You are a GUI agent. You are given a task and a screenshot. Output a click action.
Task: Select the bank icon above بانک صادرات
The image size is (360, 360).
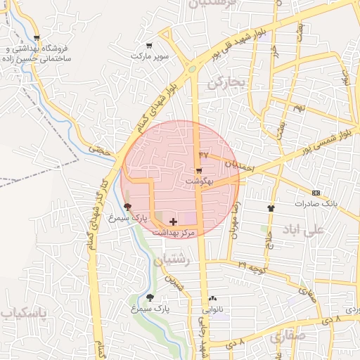coord(316,193)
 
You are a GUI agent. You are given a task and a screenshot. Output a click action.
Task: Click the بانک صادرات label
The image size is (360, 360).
coord(316,203)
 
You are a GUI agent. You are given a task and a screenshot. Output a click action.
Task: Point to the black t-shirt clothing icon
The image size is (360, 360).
coord(271,208)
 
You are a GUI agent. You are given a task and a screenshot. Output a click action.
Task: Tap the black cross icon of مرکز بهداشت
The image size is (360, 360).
coord(174,221)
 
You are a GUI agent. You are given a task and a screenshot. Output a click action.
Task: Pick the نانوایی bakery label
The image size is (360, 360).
coord(212,309)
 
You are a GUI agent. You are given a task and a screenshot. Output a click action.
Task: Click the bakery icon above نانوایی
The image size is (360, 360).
coord(212,298)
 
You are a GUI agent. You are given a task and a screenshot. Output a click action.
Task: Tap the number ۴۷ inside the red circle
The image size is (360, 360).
coord(205,154)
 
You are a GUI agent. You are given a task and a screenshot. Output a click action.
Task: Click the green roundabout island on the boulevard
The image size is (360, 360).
coord(191,69)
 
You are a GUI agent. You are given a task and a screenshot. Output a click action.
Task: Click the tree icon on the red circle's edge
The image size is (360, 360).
coord(127,207)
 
